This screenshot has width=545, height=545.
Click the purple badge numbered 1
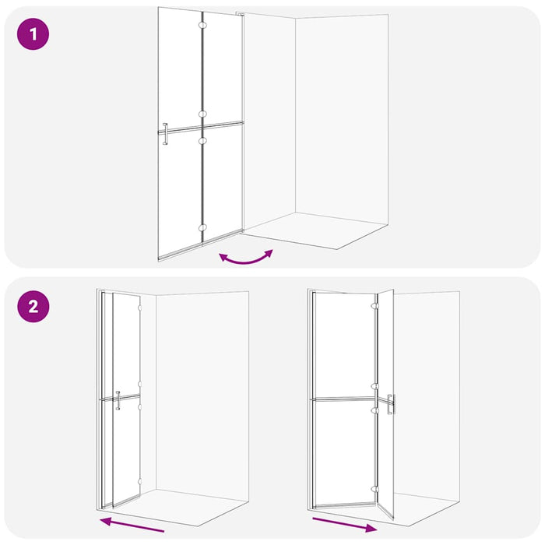(33, 35)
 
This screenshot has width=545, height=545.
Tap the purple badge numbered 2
(33, 306)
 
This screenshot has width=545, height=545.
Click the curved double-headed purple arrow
(246, 257)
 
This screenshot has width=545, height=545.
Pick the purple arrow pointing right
(344, 522)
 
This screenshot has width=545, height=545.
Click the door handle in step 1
(164, 134)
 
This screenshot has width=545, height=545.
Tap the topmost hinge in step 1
(203, 26)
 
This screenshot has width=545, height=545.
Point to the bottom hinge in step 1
(203, 227)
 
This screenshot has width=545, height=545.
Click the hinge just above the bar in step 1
(203, 114)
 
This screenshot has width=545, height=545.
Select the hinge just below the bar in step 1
(203, 141)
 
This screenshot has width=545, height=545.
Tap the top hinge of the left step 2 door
(140, 308)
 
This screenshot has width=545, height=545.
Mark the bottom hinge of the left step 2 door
(140, 483)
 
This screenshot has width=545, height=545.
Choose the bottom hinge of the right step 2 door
(375, 489)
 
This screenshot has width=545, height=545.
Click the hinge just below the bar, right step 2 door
(375, 410)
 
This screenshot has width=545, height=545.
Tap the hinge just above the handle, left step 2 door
(140, 385)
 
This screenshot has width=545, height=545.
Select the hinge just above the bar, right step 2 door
(375, 386)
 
